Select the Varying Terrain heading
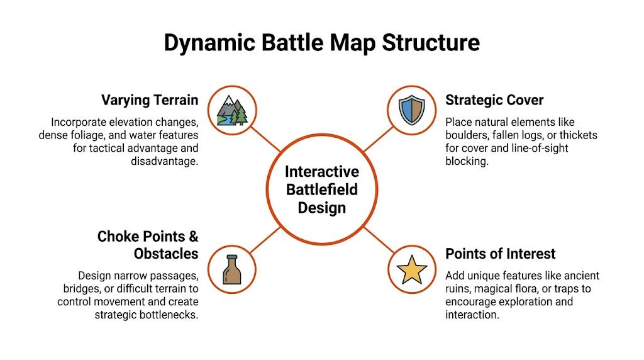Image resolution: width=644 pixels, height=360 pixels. (150, 100)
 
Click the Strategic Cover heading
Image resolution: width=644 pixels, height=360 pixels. (494, 100)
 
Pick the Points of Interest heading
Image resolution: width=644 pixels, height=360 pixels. (500, 254)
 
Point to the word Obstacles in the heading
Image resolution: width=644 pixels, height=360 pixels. (166, 254)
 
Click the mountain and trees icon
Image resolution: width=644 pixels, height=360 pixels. (232, 110)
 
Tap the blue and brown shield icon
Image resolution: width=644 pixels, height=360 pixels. (412, 110)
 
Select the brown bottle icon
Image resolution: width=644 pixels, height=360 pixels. (232, 269)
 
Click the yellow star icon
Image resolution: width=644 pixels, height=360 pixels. (412, 269)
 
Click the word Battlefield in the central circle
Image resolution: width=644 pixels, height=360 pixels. (321, 189)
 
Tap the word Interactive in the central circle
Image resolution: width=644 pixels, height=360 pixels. (321, 172)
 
